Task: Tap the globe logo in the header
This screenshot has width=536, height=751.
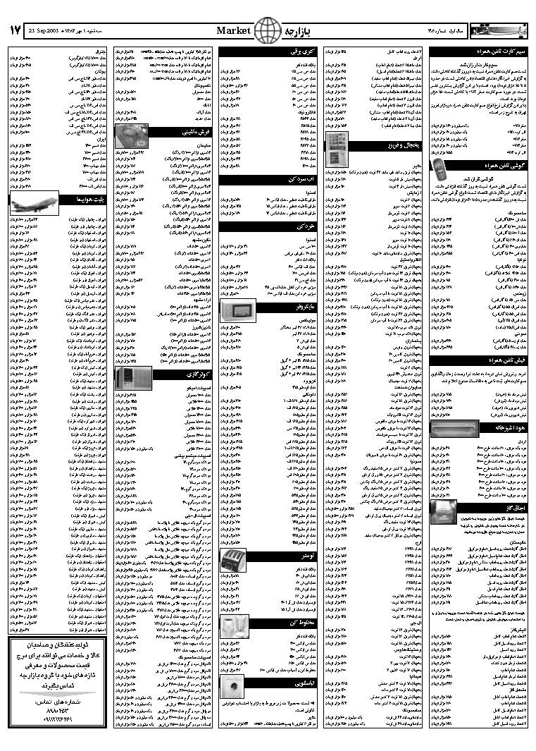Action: (x=266, y=30)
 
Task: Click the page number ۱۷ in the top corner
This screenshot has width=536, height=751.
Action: (x=15, y=30)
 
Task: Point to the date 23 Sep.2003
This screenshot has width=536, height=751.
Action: (x=46, y=31)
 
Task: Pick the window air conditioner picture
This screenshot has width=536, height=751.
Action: (x=130, y=377)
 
